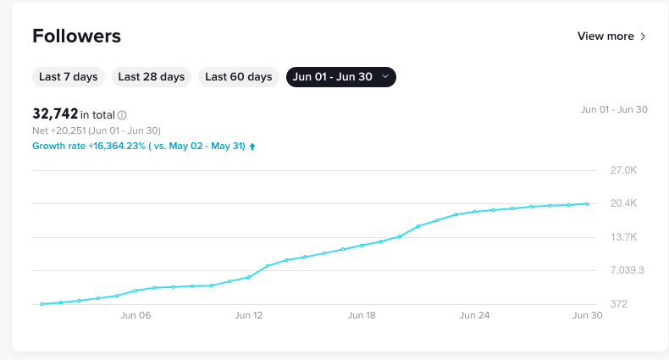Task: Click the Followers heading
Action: (x=76, y=36)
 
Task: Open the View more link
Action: (x=605, y=36)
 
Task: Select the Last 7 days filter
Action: (x=69, y=77)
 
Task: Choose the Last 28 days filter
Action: (x=152, y=77)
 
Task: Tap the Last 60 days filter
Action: (x=239, y=77)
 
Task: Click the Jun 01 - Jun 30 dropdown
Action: (x=341, y=77)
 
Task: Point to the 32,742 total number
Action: (x=55, y=114)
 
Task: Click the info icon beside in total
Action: (x=122, y=115)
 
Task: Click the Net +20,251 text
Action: (x=97, y=130)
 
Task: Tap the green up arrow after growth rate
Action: (x=252, y=146)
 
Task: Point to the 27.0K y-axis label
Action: (x=623, y=170)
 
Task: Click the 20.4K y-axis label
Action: (x=623, y=203)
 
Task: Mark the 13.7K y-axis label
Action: (x=623, y=237)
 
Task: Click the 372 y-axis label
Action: (x=618, y=303)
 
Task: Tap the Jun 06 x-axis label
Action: (x=135, y=315)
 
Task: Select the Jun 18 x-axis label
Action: (x=362, y=315)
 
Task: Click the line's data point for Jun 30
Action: (x=588, y=203)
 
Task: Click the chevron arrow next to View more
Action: (x=644, y=36)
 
